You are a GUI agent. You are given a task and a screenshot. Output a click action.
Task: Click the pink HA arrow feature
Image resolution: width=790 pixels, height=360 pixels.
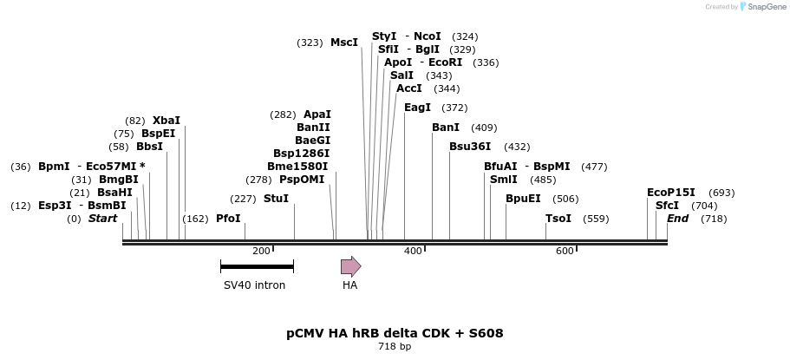[x=350, y=266]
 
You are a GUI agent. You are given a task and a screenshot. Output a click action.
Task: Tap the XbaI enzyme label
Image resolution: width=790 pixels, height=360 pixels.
[x=166, y=121]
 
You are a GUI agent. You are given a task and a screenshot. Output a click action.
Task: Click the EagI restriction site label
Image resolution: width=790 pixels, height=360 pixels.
[x=417, y=108]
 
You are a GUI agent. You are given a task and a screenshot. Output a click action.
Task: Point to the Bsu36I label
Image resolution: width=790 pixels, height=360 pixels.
[x=470, y=147]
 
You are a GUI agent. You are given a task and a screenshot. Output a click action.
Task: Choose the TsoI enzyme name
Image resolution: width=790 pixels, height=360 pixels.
[x=558, y=219]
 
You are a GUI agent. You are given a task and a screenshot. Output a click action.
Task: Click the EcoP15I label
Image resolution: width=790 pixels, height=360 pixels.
[x=671, y=193]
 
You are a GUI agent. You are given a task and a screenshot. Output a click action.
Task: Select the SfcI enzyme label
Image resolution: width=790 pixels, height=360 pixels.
[x=667, y=206]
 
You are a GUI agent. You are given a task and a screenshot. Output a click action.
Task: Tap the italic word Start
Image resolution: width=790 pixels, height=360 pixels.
[x=102, y=219]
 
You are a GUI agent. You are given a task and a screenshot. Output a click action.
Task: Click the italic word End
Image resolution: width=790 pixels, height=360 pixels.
[x=677, y=219]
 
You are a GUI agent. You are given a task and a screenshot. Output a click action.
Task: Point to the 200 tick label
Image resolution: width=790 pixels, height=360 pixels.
[x=261, y=252]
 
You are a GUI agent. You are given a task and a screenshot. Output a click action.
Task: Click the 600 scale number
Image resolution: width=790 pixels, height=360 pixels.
[x=565, y=252]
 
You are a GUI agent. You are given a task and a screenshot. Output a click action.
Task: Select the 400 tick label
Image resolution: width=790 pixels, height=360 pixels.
[x=413, y=252]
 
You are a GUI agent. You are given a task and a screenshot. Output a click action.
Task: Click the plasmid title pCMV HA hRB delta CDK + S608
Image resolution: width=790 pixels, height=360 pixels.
[x=395, y=333]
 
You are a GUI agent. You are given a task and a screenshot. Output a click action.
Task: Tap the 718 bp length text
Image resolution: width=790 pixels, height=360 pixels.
[x=395, y=347]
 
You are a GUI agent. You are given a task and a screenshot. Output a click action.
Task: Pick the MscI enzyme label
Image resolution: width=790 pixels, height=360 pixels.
[x=344, y=43]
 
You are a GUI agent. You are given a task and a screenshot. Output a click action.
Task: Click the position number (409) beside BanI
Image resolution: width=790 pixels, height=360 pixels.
[x=484, y=128]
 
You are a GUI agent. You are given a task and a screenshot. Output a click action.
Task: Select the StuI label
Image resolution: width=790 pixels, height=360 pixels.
[x=276, y=199]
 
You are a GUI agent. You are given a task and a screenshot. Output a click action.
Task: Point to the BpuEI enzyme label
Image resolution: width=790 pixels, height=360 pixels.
[x=523, y=199]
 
